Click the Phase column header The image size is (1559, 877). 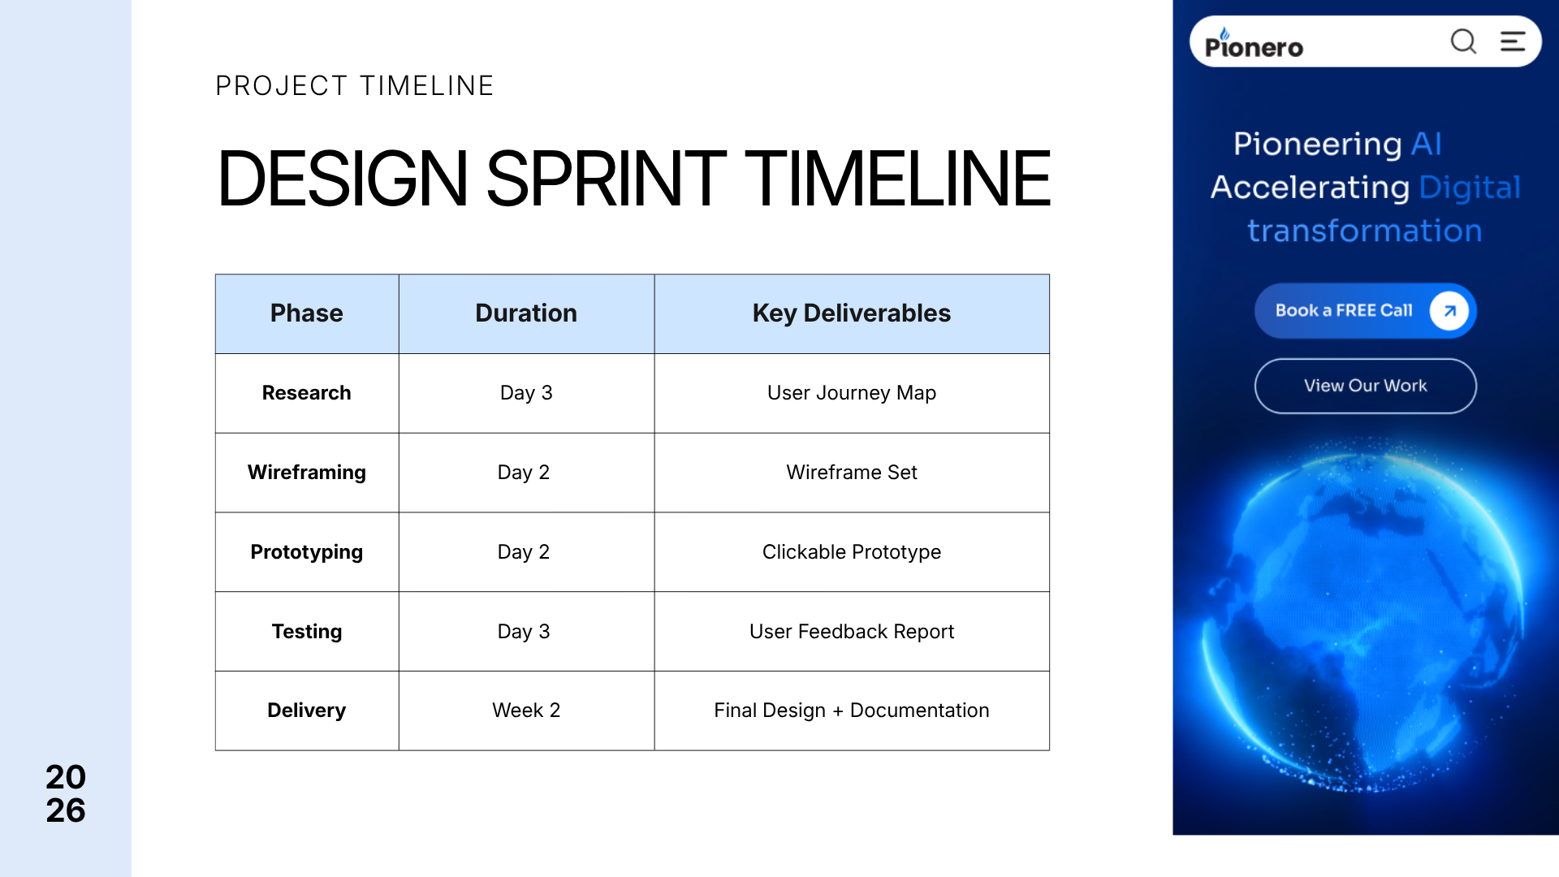307,313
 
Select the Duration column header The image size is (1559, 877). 526,313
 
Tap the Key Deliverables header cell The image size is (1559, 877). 852,313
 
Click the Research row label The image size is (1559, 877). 307,393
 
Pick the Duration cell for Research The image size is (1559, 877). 526,393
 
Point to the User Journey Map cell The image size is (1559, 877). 852,393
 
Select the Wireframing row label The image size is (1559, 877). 307,473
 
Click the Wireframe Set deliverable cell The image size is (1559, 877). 852,473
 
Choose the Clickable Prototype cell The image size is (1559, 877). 852,552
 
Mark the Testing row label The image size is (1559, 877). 307,632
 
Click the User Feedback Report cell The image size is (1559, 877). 852,632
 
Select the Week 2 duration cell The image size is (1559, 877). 526,711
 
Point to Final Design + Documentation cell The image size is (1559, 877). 852,711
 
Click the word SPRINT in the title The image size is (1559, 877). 606,179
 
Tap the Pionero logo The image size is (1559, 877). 1254,44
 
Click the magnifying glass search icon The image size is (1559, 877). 1463,41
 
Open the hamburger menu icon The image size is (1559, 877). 1513,41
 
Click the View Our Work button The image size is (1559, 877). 1366,386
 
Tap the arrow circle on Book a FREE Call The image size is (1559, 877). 1449,311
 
